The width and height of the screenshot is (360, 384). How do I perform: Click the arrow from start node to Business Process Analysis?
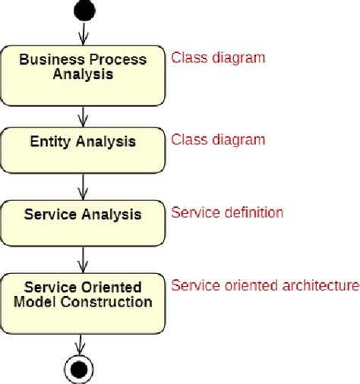click(83, 35)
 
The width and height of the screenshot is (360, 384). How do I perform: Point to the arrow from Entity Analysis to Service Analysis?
click(83, 186)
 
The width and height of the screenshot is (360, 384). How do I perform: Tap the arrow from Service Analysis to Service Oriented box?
click(83, 260)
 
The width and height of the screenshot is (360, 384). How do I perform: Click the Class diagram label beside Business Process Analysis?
click(218, 57)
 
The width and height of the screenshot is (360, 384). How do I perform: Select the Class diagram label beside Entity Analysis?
click(218, 140)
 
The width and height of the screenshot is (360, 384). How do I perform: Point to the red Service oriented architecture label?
click(264, 286)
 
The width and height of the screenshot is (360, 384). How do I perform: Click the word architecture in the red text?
click(321, 286)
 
